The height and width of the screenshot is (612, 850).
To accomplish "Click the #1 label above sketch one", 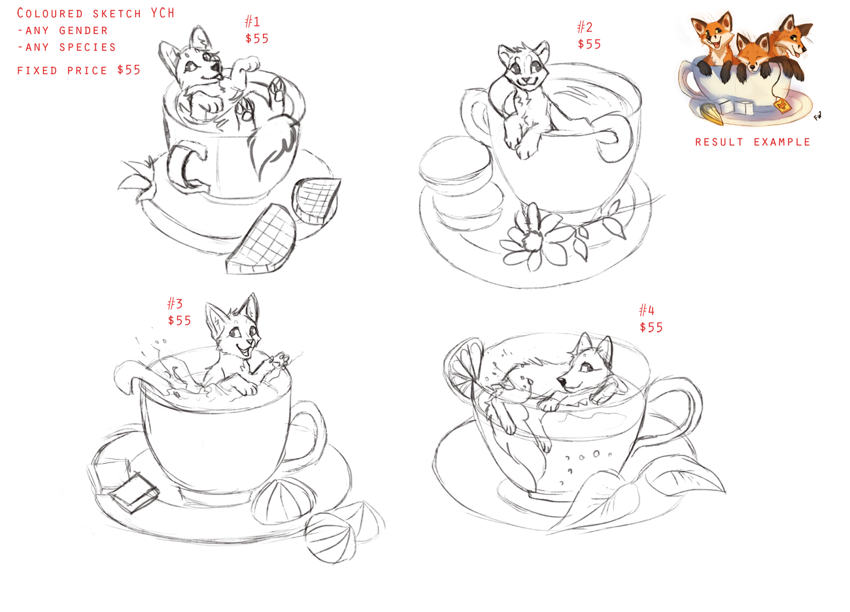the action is pyautogui.click(x=253, y=22).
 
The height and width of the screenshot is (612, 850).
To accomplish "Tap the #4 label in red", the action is pyautogui.click(x=647, y=310).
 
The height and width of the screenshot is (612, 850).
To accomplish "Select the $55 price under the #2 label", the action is pyautogui.click(x=589, y=44).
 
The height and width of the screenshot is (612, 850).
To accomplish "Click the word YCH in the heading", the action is pyautogui.click(x=162, y=13).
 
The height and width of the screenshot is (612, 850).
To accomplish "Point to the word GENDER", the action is pyautogui.click(x=84, y=31).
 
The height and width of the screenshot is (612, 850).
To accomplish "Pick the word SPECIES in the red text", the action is pyautogui.click(x=88, y=48).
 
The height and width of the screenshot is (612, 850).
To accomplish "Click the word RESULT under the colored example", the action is pyautogui.click(x=719, y=142).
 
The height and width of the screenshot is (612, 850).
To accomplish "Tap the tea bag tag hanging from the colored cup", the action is pyautogui.click(x=782, y=105).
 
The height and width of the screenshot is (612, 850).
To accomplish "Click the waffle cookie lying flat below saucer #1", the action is pyautogui.click(x=262, y=240).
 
